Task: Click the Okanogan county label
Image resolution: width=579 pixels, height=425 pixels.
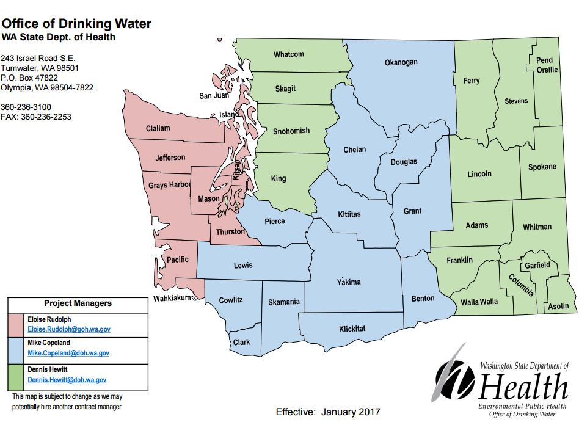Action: [401, 62]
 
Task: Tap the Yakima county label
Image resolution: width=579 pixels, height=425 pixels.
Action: [349, 282]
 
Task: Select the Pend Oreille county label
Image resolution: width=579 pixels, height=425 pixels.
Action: [547, 65]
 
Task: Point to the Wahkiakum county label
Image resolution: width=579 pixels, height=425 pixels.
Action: [173, 298]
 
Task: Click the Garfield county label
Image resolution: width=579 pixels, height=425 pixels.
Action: [537, 265]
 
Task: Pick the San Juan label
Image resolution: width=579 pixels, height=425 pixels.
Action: [214, 96]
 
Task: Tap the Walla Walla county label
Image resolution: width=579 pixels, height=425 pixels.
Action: [479, 302]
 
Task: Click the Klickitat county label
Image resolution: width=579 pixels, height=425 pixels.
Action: [352, 329]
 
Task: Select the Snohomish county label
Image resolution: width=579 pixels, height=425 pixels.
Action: [291, 131]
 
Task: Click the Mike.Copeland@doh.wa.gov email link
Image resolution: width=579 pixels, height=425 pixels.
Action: [68, 353]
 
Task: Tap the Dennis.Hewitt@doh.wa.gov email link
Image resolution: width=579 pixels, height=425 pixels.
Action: [67, 380]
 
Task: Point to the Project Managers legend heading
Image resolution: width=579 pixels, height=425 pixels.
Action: [78, 303]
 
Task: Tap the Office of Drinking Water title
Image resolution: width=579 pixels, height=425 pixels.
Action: [76, 24]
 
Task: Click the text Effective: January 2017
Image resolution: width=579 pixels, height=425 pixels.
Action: [327, 412]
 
